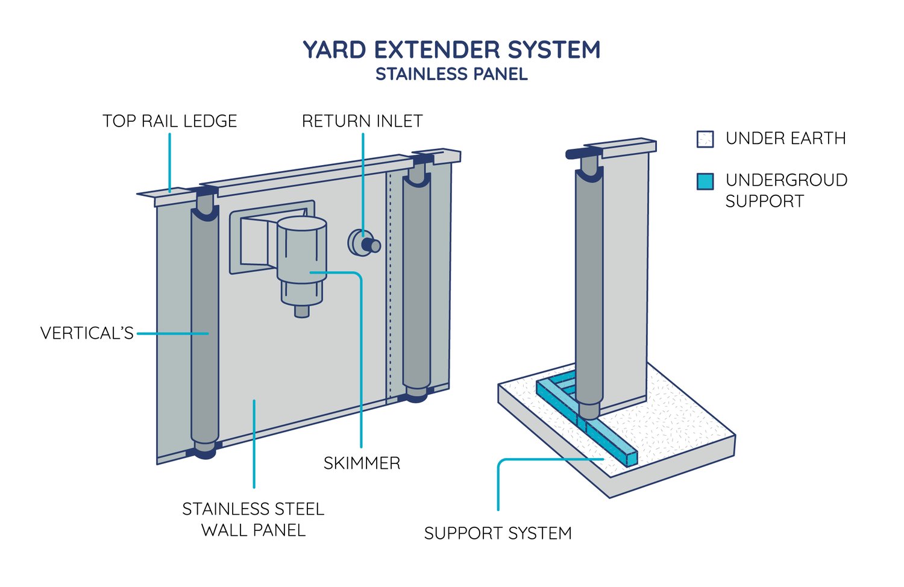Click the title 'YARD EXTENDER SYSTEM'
tap(451, 49)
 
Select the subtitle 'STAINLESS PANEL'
tap(451, 74)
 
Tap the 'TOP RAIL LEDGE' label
tap(169, 121)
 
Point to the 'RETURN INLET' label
tap(362, 121)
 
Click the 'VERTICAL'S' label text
tap(87, 333)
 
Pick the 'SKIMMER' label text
tap(362, 463)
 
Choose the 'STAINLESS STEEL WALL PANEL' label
tap(253, 520)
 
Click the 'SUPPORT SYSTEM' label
tap(498, 533)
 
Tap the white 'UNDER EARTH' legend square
tap(705, 139)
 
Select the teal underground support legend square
tap(705, 181)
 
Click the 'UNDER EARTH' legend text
tap(786, 139)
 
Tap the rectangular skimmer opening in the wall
tap(253, 241)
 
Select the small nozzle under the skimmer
tap(301, 311)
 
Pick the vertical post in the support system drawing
tap(589, 289)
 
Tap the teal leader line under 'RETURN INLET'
tap(363, 181)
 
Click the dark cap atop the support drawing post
tap(582, 154)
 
